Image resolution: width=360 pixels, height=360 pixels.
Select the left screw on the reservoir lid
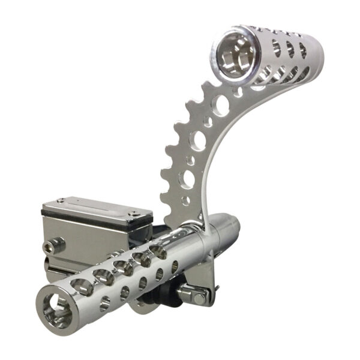pos(61,201)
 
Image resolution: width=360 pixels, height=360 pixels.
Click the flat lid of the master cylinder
pos(96,208)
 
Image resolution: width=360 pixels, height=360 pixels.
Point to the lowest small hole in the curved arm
pos(185,200)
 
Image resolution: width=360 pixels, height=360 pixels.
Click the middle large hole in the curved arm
pos(197,142)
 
